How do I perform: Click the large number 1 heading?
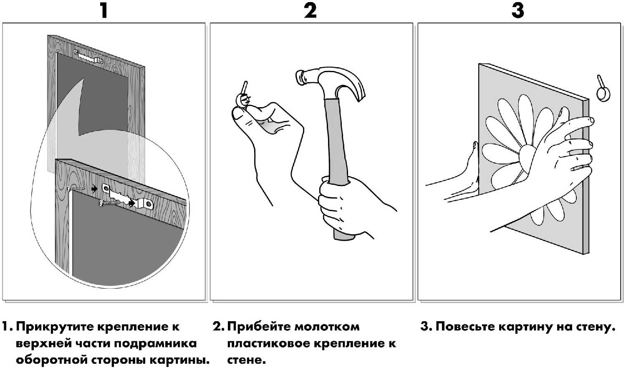(104, 10)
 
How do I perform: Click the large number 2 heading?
(310, 10)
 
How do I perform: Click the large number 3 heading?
(517, 10)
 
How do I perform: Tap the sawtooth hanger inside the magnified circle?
(128, 196)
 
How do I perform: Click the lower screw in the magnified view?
(109, 203)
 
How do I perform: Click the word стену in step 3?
(595, 327)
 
